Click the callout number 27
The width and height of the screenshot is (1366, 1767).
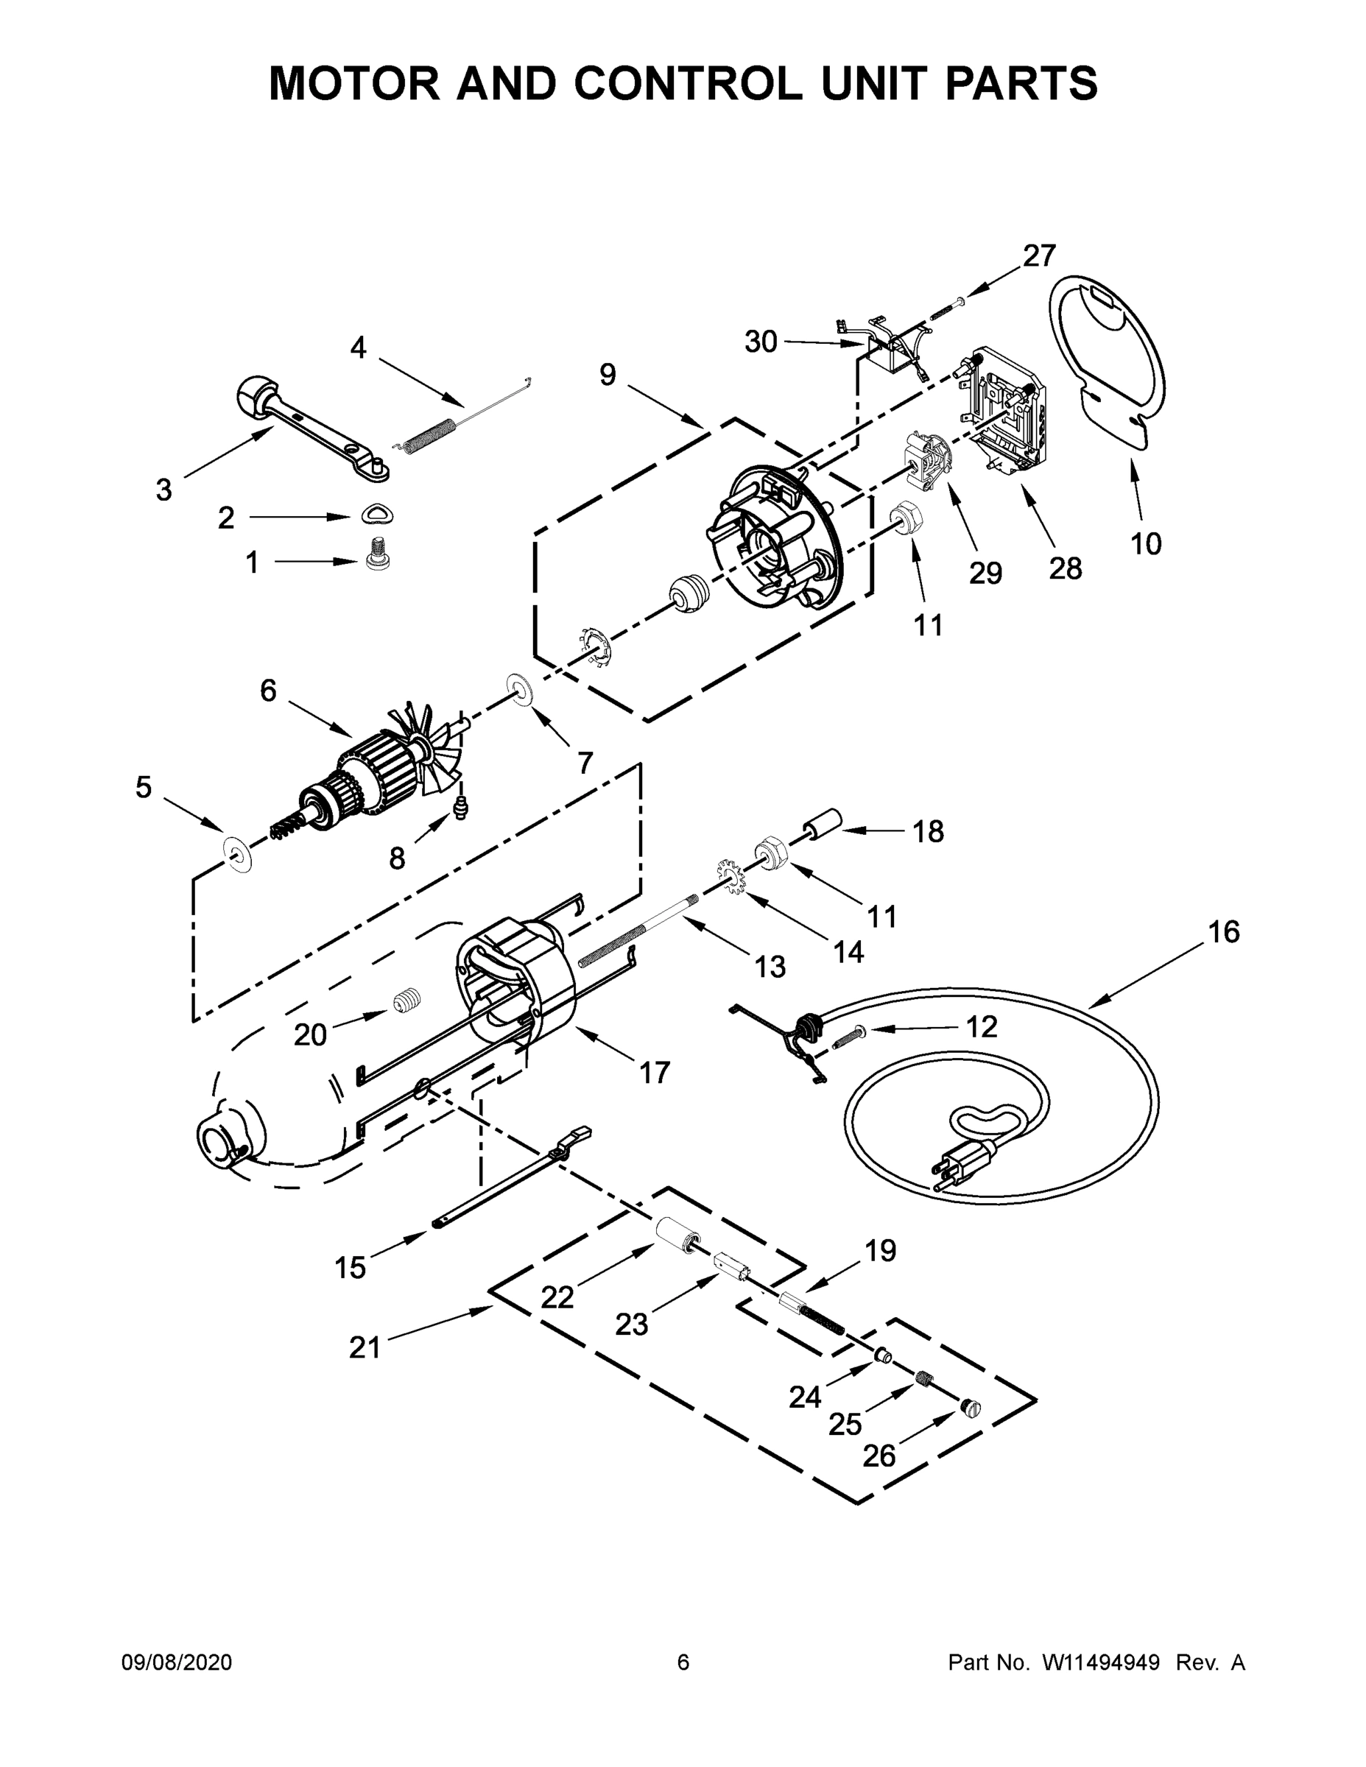click(x=1039, y=255)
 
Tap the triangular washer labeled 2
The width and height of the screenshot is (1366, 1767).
click(x=371, y=513)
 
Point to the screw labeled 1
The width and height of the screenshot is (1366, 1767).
click(x=375, y=555)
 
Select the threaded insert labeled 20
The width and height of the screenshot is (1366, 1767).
click(x=408, y=1001)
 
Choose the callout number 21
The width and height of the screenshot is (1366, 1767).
click(x=365, y=1348)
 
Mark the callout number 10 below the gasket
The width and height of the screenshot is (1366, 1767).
click(x=1146, y=543)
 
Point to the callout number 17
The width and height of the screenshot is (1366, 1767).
click(x=655, y=1073)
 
